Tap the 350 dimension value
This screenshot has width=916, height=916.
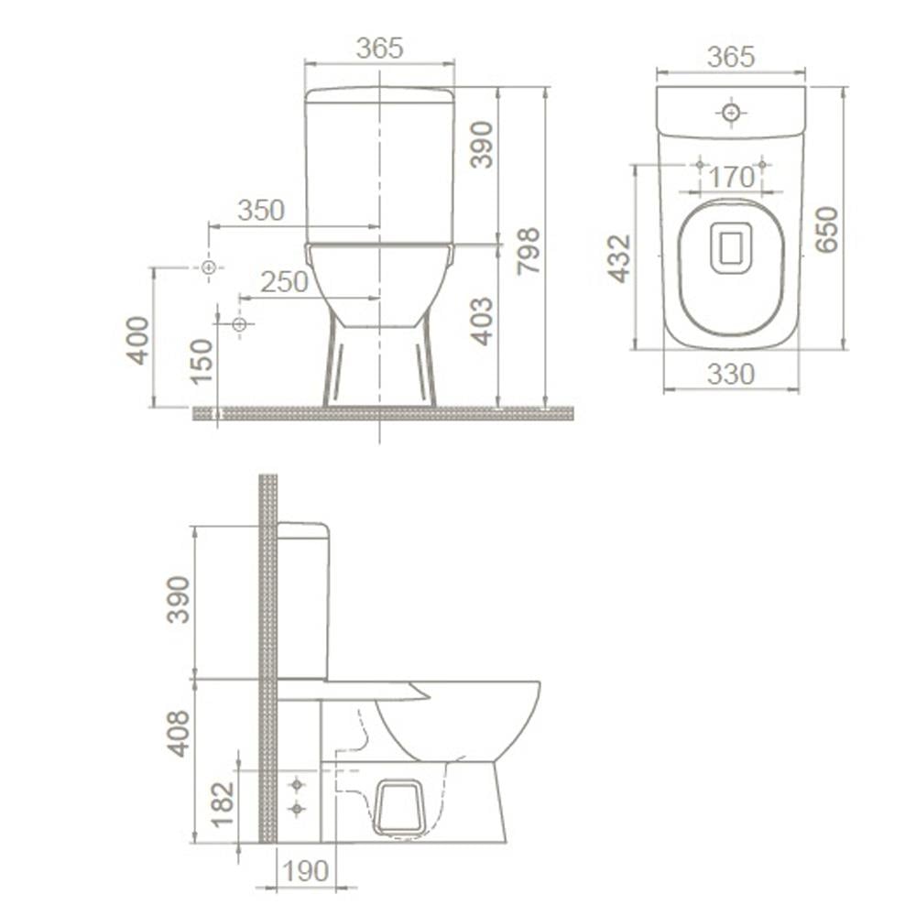tap(261, 210)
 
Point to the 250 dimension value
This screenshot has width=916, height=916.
tap(284, 282)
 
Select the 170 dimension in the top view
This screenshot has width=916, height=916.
tap(731, 176)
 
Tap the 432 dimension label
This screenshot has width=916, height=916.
tap(619, 258)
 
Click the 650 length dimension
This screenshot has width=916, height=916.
tap(826, 229)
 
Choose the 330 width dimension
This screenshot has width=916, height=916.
tap(730, 375)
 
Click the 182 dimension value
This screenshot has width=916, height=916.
tap(223, 802)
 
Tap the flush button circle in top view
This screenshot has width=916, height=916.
tap(731, 114)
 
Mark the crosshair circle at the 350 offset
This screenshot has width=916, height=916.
tap(209, 267)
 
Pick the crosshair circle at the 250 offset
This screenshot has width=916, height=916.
tap(240, 324)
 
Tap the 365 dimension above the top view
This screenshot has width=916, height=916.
tap(730, 57)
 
